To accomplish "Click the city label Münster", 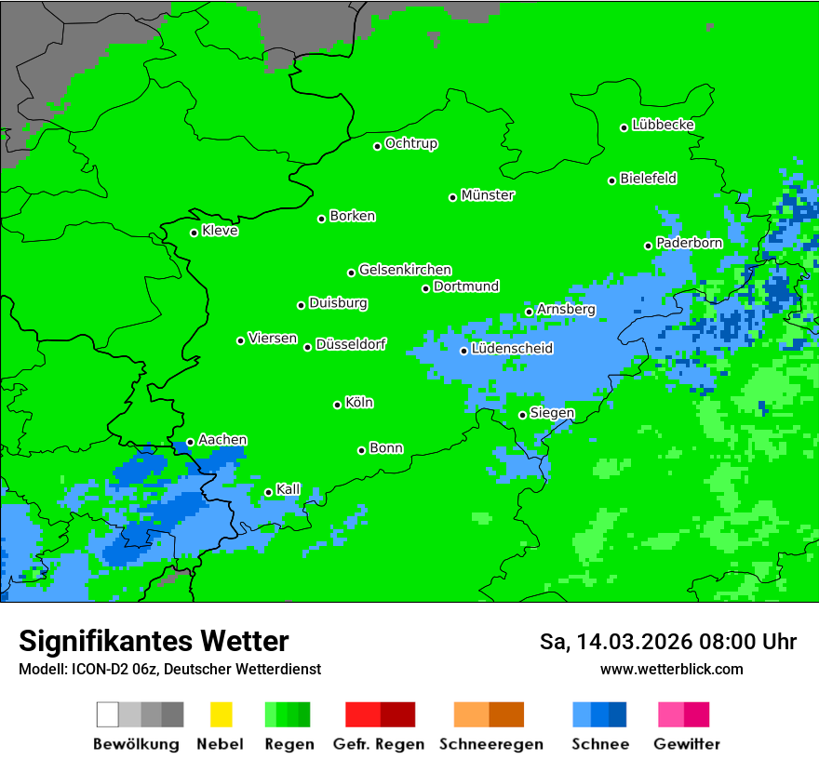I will click(x=488, y=195).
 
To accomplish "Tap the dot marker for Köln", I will click(x=337, y=405).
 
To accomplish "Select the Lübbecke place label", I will click(x=663, y=125).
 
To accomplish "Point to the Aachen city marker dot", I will click(x=190, y=443).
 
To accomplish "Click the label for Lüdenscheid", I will click(x=512, y=349).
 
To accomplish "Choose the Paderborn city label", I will click(x=689, y=243).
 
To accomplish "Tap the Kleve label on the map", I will click(x=220, y=231).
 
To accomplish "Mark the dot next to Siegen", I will click(x=522, y=415).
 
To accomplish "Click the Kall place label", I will click(x=288, y=489).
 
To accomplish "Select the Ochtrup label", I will click(x=410, y=143).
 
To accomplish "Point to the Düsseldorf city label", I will click(x=350, y=344).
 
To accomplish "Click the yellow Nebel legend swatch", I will click(x=221, y=714).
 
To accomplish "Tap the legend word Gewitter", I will click(x=686, y=744).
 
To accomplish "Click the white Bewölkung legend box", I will click(x=108, y=714).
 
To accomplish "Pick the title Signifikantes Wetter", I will click(x=154, y=642).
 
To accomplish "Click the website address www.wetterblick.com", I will click(x=671, y=670).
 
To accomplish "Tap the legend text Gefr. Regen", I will click(x=379, y=744).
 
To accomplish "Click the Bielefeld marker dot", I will click(x=611, y=180).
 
